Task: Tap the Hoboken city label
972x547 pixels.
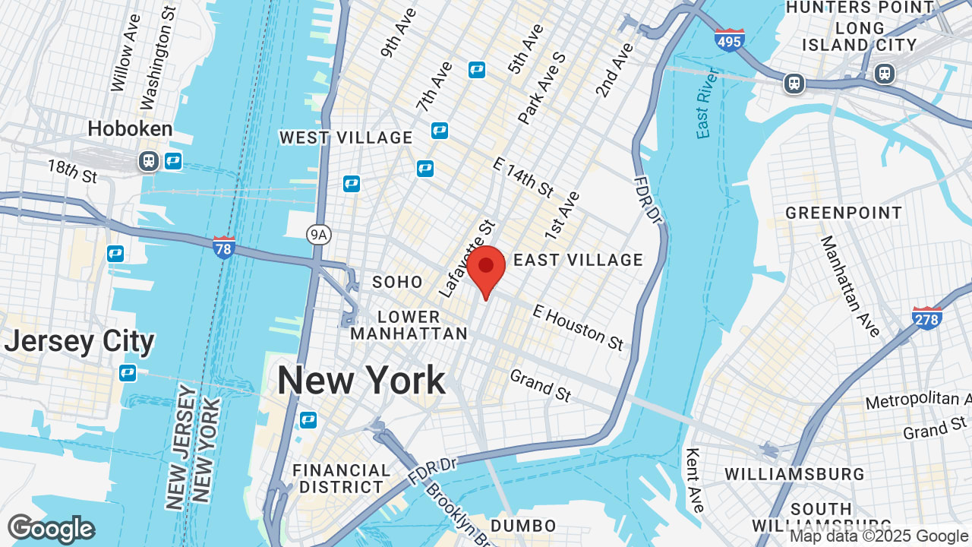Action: [x=130, y=128]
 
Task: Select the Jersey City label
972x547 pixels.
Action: [x=79, y=341]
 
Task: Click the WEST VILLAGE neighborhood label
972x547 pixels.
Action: [x=346, y=138]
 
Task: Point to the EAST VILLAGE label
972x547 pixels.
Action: [x=579, y=260]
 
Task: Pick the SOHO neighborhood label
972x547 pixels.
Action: [x=397, y=282]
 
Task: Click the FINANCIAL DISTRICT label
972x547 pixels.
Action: [x=341, y=479]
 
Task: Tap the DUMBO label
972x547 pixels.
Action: [x=523, y=525]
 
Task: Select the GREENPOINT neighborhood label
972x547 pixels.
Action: [x=844, y=213]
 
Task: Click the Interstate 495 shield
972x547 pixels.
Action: [x=729, y=40]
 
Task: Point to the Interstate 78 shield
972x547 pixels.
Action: [x=223, y=247]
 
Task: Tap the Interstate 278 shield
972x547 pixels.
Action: [x=927, y=318]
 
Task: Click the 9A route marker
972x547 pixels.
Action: [x=319, y=236]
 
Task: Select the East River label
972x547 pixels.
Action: [x=708, y=103]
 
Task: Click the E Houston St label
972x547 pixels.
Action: [x=578, y=327]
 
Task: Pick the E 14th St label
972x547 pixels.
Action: [x=524, y=177]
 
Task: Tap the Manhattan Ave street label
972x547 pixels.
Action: [x=850, y=285]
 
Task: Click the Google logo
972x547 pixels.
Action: [x=51, y=529]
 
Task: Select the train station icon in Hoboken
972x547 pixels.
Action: [x=148, y=161]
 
